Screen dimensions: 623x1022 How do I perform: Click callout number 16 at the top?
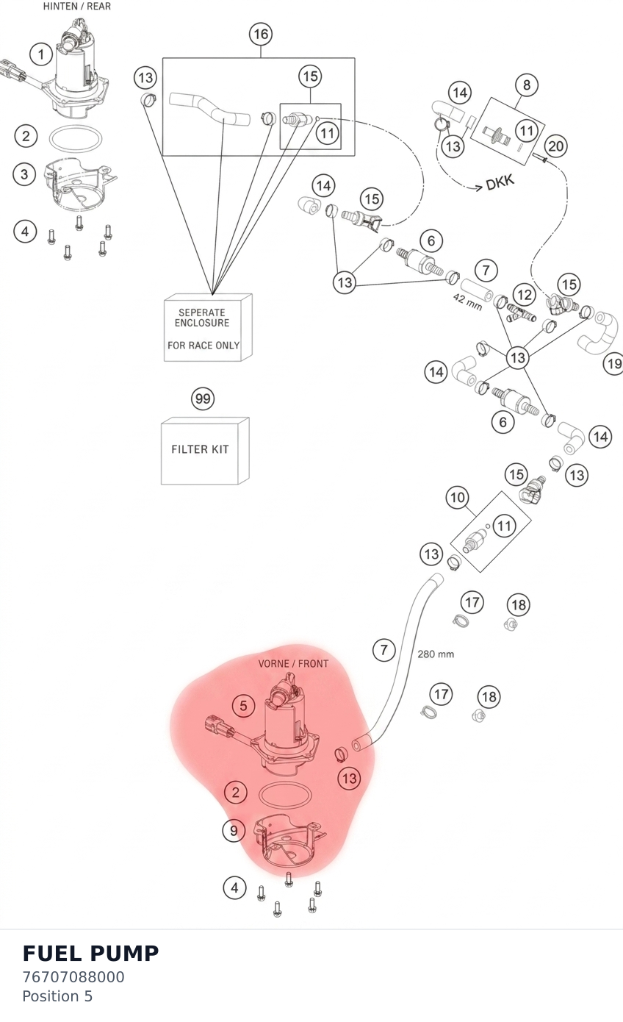(x=261, y=35)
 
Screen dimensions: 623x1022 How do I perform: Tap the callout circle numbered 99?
(x=203, y=399)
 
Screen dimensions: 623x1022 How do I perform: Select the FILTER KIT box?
(x=205, y=451)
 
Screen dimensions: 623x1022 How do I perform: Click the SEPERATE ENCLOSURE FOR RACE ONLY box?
(x=208, y=328)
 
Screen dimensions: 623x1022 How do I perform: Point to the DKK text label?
(x=500, y=182)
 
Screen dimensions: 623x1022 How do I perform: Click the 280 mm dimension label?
(x=436, y=654)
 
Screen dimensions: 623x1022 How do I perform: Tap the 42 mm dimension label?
(x=467, y=302)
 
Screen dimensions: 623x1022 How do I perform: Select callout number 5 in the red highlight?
(x=243, y=706)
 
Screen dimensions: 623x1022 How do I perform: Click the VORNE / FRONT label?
(x=293, y=663)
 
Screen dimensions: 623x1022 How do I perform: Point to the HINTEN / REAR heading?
(x=77, y=7)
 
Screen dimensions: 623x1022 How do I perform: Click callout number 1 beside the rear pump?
(x=41, y=54)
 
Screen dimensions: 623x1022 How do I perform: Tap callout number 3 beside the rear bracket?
(x=24, y=174)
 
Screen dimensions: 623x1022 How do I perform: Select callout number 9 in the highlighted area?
(x=234, y=830)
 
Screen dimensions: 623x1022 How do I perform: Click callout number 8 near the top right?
(x=526, y=85)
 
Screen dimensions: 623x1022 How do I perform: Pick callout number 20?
(x=555, y=146)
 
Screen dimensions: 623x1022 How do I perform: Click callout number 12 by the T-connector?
(x=525, y=294)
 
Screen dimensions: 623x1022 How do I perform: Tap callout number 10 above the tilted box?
(x=458, y=497)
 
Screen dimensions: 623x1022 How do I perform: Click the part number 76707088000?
(x=73, y=977)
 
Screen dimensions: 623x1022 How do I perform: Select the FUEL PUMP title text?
(x=90, y=953)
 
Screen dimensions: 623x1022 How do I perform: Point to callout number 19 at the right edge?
(x=613, y=364)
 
